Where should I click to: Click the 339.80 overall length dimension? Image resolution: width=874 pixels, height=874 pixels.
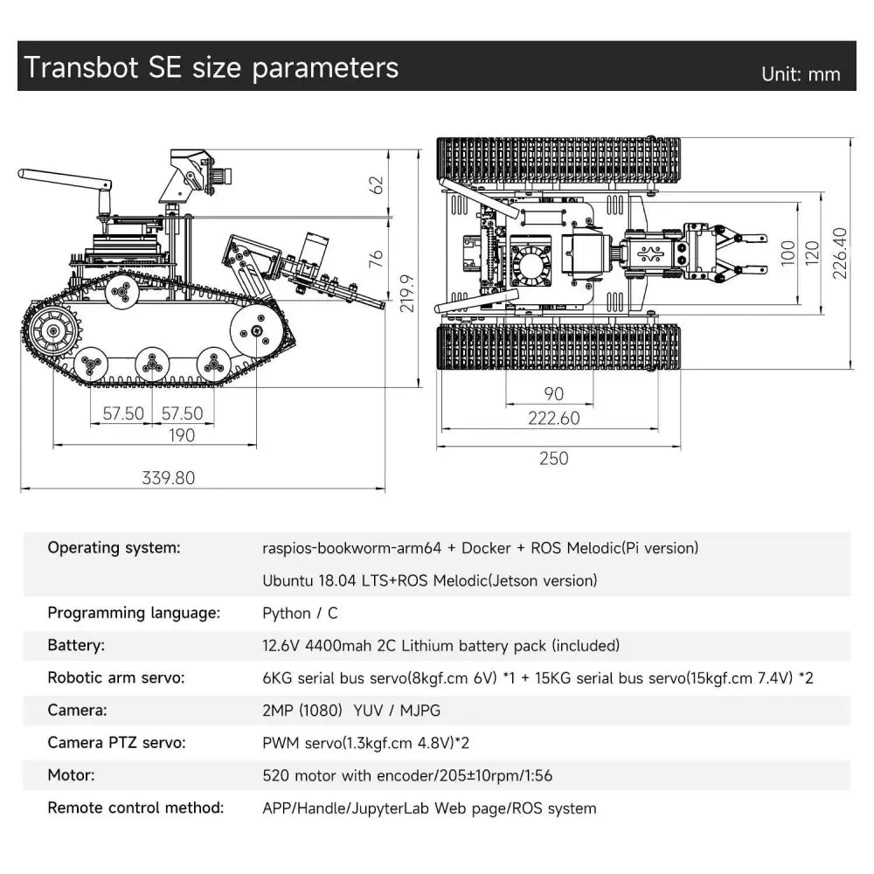(x=169, y=477)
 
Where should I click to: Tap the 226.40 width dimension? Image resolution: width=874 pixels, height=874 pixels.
(x=840, y=253)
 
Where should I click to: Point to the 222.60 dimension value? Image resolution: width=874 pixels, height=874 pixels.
(x=553, y=418)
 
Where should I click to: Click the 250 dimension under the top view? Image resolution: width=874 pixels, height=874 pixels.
(x=553, y=457)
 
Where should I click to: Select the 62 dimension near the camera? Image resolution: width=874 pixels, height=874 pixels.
(x=376, y=185)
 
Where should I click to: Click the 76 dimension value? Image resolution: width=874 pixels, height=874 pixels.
(x=376, y=259)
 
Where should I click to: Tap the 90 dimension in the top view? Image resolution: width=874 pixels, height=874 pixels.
(x=553, y=393)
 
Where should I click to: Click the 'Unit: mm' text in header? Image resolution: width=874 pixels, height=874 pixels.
(x=801, y=74)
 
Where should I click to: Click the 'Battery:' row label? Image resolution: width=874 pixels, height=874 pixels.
(x=76, y=646)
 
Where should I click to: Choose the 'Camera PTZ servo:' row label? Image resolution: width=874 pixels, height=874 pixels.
(x=116, y=743)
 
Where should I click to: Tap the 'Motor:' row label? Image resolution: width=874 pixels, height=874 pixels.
(x=71, y=775)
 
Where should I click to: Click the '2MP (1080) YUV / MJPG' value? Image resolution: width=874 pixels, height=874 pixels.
(x=351, y=711)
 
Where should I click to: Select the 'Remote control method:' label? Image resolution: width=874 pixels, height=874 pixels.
(x=135, y=808)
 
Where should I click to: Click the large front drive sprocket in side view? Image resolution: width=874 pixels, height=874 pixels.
(x=49, y=332)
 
